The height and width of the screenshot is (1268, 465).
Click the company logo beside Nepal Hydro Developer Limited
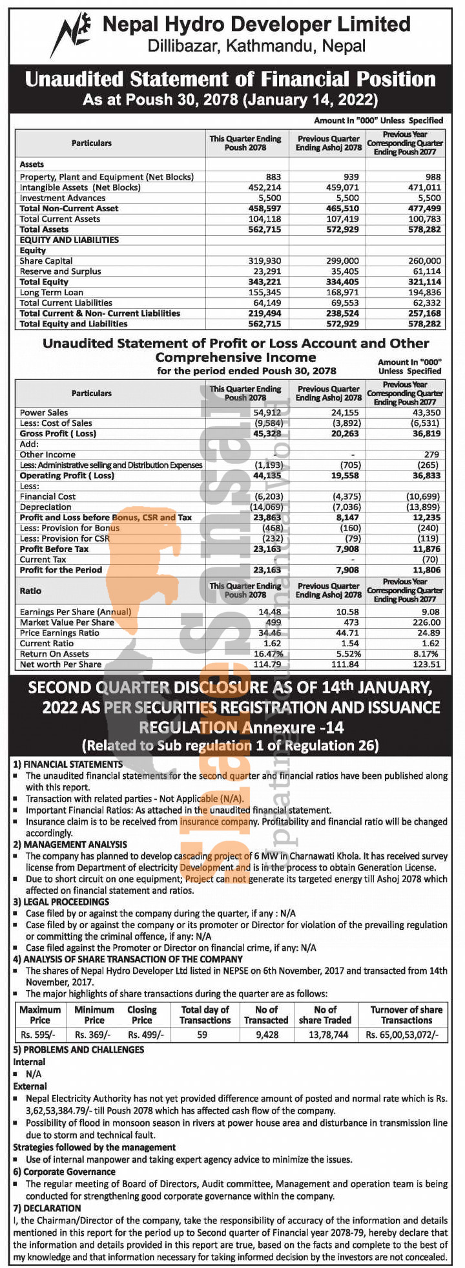(x=73, y=34)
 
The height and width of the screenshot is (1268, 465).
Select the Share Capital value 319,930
(x=265, y=261)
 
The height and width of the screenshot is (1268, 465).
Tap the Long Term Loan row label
(x=52, y=292)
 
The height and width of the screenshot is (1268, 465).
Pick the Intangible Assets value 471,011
(x=424, y=187)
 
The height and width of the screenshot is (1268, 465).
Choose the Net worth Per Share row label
(x=61, y=664)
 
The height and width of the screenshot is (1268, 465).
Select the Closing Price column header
(x=142, y=1015)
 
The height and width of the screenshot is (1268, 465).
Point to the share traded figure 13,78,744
(x=324, y=1034)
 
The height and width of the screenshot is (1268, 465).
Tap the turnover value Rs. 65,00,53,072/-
(x=406, y=1034)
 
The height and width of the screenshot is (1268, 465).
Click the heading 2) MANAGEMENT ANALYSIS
(x=70, y=844)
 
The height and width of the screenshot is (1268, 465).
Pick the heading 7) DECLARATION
(x=47, y=1208)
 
